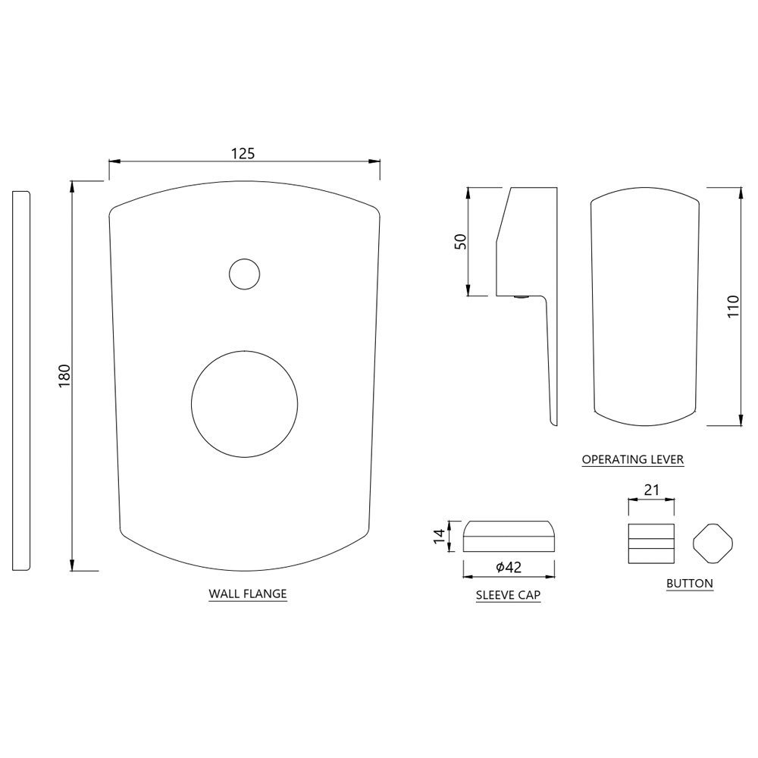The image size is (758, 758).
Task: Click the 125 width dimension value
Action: (x=243, y=152)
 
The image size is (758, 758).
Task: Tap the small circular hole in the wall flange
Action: (x=244, y=274)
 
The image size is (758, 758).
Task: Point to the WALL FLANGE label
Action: (x=248, y=594)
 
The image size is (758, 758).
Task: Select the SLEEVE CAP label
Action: (x=508, y=595)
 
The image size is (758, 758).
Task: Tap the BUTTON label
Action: (x=689, y=584)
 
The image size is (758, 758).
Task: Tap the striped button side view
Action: (x=651, y=543)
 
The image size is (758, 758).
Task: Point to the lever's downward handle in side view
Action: (x=548, y=356)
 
